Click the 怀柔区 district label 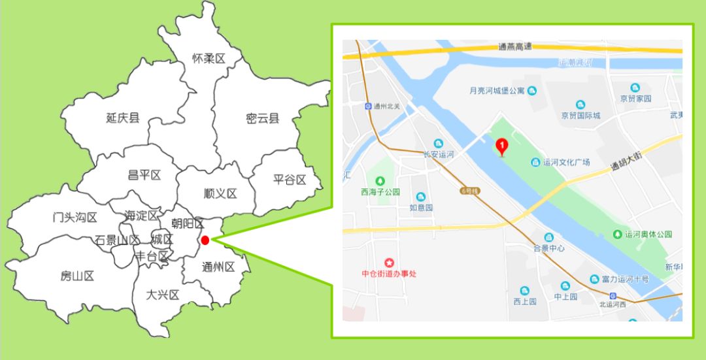click(x=209, y=59)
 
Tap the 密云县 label click(x=263, y=118)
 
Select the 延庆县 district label click(x=122, y=118)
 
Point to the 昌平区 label click(x=144, y=175)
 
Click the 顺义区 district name click(x=220, y=193)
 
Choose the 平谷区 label click(x=290, y=180)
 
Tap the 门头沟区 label click(x=75, y=218)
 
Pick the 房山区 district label click(x=77, y=276)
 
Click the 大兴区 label click(x=163, y=295)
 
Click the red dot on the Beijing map click(x=205, y=240)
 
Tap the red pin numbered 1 click(x=502, y=147)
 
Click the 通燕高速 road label click(x=514, y=46)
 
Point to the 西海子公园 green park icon click(x=380, y=180)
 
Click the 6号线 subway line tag click(x=470, y=191)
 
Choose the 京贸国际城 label click(x=580, y=116)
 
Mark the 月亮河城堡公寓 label click(x=497, y=91)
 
